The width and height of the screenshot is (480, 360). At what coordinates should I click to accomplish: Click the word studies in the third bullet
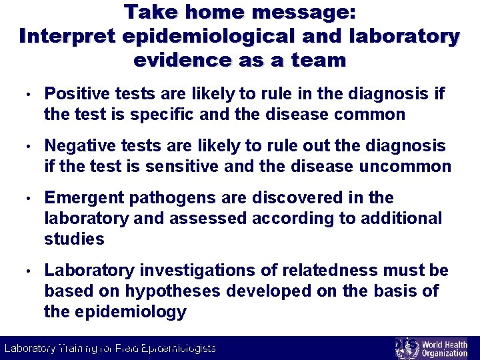[74, 239]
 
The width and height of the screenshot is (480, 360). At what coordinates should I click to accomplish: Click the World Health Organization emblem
[406, 348]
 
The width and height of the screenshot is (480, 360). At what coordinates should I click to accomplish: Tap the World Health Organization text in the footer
[445, 348]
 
